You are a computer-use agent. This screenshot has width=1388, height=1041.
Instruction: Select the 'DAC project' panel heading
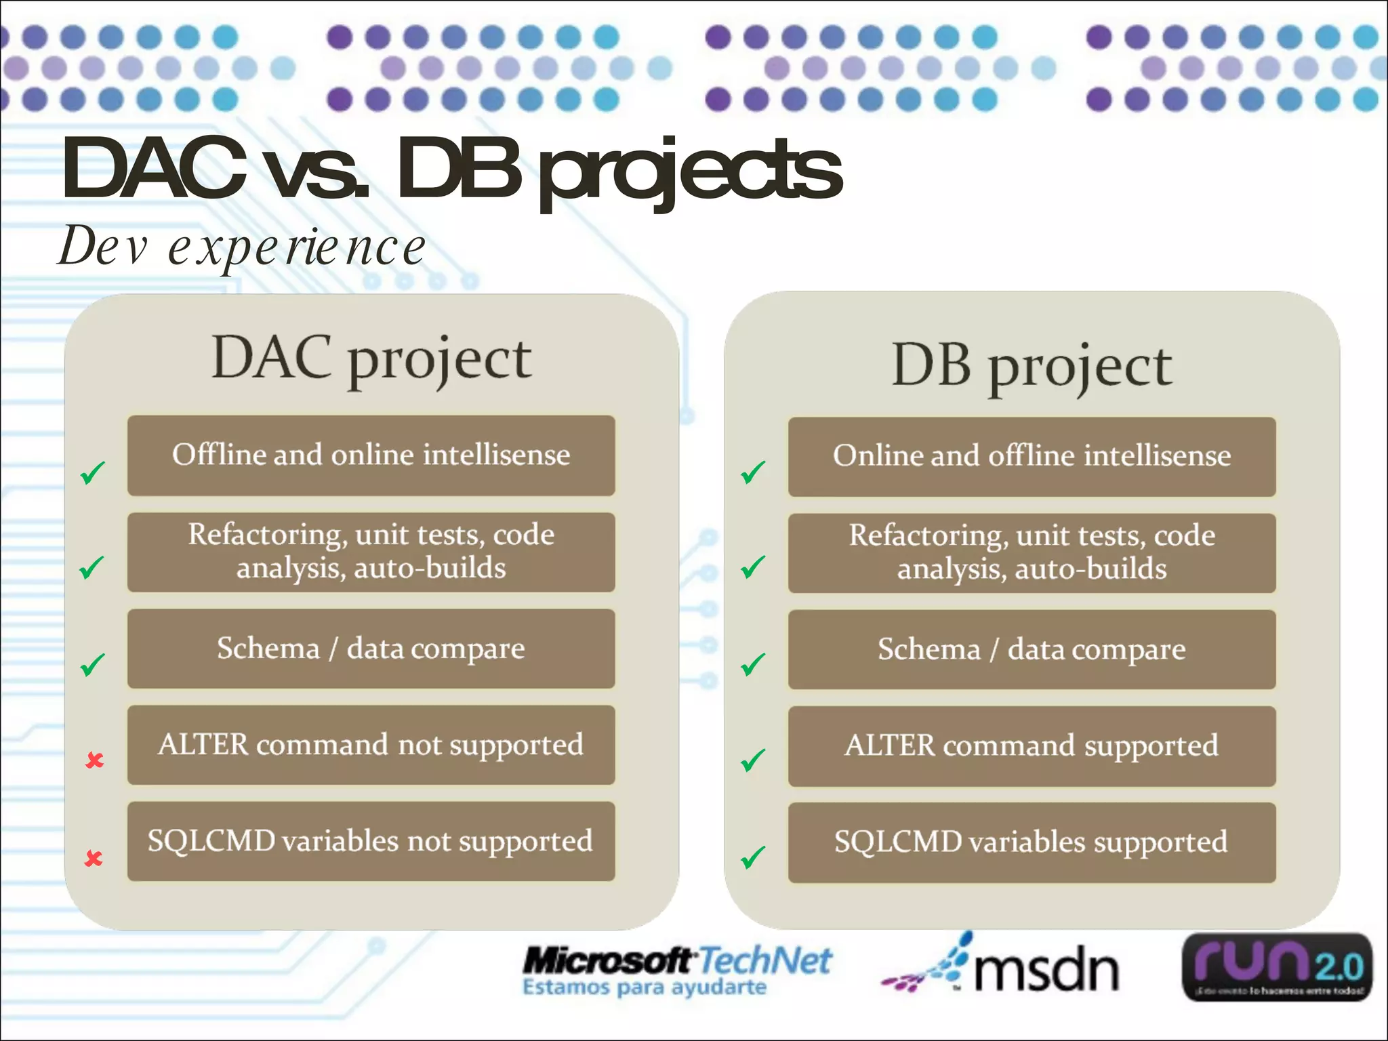(x=371, y=359)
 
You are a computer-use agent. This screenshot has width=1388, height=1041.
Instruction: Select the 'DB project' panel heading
(x=1032, y=366)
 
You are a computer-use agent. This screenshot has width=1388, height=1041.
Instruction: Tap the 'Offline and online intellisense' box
(x=371, y=455)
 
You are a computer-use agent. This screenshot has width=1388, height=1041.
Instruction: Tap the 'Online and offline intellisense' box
(x=1032, y=457)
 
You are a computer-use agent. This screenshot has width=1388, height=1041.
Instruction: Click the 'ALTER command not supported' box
(x=371, y=745)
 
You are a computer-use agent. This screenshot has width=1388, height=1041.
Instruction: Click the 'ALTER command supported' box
(x=1032, y=746)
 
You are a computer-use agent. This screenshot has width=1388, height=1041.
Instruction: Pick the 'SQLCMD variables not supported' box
(x=371, y=841)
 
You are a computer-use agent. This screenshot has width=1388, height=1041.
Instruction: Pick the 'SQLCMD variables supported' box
(x=1032, y=842)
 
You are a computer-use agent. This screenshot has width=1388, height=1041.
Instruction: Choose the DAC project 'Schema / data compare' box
(x=371, y=649)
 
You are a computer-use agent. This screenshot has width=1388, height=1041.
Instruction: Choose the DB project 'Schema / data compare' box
(x=1032, y=650)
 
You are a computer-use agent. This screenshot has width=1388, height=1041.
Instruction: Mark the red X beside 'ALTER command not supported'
(x=94, y=760)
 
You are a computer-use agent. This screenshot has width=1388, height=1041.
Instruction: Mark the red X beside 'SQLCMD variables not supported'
(x=94, y=859)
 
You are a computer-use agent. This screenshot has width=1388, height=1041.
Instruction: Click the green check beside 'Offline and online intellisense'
(x=93, y=472)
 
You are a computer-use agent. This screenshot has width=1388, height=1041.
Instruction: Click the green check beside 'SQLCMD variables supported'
(x=753, y=857)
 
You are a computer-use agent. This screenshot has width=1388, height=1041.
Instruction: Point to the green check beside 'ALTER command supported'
(x=753, y=760)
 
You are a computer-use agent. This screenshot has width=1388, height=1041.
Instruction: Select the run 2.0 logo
(x=1277, y=966)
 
